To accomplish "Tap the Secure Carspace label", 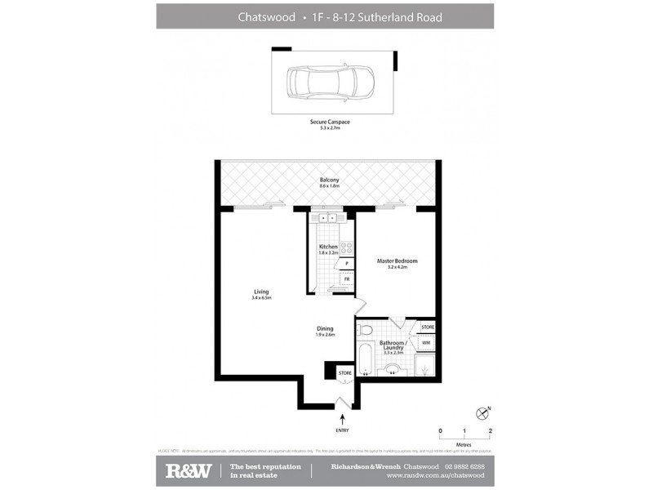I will coord(330,123).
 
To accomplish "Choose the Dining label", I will coord(326,331).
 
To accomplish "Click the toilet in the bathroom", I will coord(365,329).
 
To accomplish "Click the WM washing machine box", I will coord(426,343).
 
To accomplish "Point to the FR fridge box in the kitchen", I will coord(346,279).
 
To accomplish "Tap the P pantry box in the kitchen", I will coord(346,263).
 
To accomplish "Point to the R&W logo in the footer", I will coord(189,470).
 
